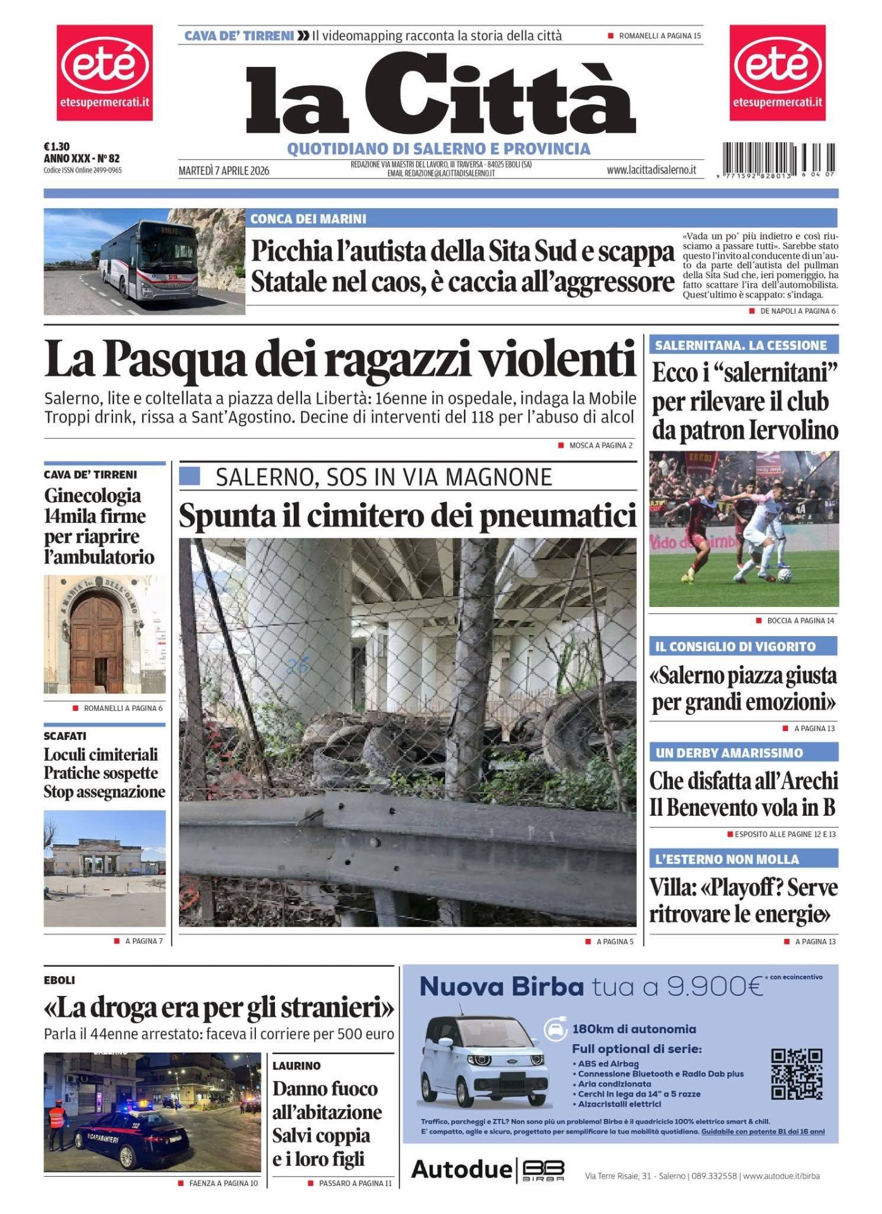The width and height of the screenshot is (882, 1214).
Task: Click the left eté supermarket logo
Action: pyautogui.click(x=104, y=72)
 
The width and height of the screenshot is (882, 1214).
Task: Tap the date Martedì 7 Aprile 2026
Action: pyautogui.click(x=224, y=171)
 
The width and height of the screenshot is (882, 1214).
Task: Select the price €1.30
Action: pyautogui.click(x=56, y=147)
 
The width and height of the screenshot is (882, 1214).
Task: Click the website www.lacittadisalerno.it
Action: pyautogui.click(x=651, y=169)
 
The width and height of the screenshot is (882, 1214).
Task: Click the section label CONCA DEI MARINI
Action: pyautogui.click(x=308, y=219)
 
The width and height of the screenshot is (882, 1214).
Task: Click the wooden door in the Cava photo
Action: pyautogui.click(x=96, y=643)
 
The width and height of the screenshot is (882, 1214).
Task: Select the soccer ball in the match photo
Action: pyautogui.click(x=784, y=575)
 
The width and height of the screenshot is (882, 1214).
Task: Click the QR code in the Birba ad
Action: pyautogui.click(x=796, y=1074)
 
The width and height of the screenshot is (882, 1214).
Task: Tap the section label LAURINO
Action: pyautogui.click(x=296, y=1065)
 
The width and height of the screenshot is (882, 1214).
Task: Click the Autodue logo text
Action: pyautogui.click(x=461, y=1170)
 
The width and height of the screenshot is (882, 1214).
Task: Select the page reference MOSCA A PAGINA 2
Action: pyautogui.click(x=600, y=445)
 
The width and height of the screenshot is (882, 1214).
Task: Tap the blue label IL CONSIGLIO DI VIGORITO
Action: pyautogui.click(x=735, y=646)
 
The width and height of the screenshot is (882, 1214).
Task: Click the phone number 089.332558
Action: pyautogui.click(x=714, y=1176)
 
